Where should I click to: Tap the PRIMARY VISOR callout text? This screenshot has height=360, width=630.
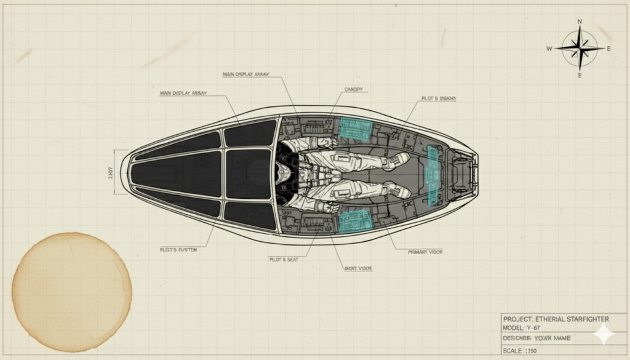pos(426,252)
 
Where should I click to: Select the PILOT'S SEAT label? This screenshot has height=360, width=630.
pos(284,260)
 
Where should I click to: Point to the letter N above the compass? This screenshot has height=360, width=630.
pos(580,22)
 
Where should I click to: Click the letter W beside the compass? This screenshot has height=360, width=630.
pos(550,49)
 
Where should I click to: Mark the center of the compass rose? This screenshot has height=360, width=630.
pos(580,49)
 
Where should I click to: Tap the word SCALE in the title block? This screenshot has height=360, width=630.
pos(514,351)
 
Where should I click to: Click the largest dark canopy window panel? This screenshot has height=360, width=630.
pos(175,173)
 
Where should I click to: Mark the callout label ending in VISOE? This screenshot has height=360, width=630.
pos(358,269)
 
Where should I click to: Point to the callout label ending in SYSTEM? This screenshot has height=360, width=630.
pos(178,250)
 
